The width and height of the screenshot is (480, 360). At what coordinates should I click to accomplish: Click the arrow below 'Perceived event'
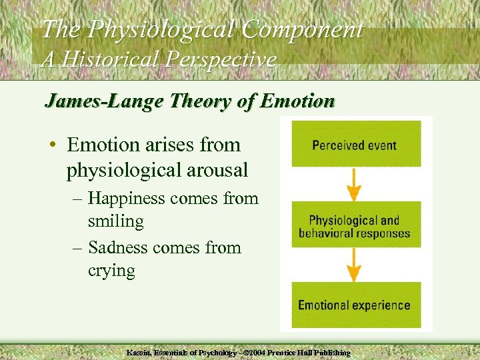[x=355, y=185]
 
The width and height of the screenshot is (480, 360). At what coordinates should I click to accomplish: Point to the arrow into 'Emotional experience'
[x=355, y=265]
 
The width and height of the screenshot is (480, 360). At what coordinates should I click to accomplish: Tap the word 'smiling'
[x=115, y=220]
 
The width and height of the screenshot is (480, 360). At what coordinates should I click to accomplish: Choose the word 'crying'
[x=111, y=271]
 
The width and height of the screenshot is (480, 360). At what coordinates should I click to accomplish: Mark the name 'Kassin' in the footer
[x=141, y=351]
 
